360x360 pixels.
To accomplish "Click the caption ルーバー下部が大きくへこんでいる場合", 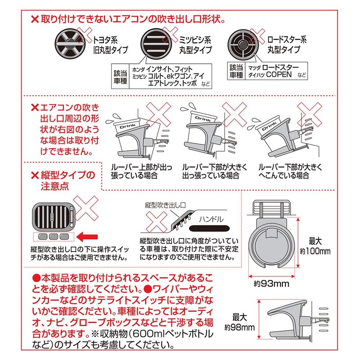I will pos(290,171).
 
